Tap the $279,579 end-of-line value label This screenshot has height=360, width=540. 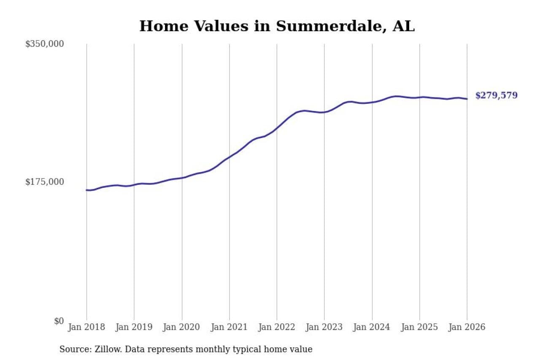point(496,95)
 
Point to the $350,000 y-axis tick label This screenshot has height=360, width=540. point(44,44)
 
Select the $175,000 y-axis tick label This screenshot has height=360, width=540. point(44,182)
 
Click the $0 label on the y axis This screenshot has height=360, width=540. point(59,321)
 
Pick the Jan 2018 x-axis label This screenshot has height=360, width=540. point(86,327)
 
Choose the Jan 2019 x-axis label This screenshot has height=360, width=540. point(134,327)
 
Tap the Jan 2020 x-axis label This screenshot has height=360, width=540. point(182,327)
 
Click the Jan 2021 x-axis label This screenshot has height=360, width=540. point(229,327)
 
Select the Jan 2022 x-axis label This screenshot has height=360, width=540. point(277,327)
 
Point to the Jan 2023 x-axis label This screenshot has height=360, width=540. point(324,327)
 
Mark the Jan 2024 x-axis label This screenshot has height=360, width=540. point(372,327)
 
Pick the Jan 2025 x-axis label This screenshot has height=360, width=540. point(420,327)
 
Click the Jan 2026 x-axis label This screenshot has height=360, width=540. point(467,327)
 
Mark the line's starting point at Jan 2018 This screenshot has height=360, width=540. point(87,190)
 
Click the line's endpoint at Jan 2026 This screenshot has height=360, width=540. point(467,99)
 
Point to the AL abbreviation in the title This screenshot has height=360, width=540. point(404,26)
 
